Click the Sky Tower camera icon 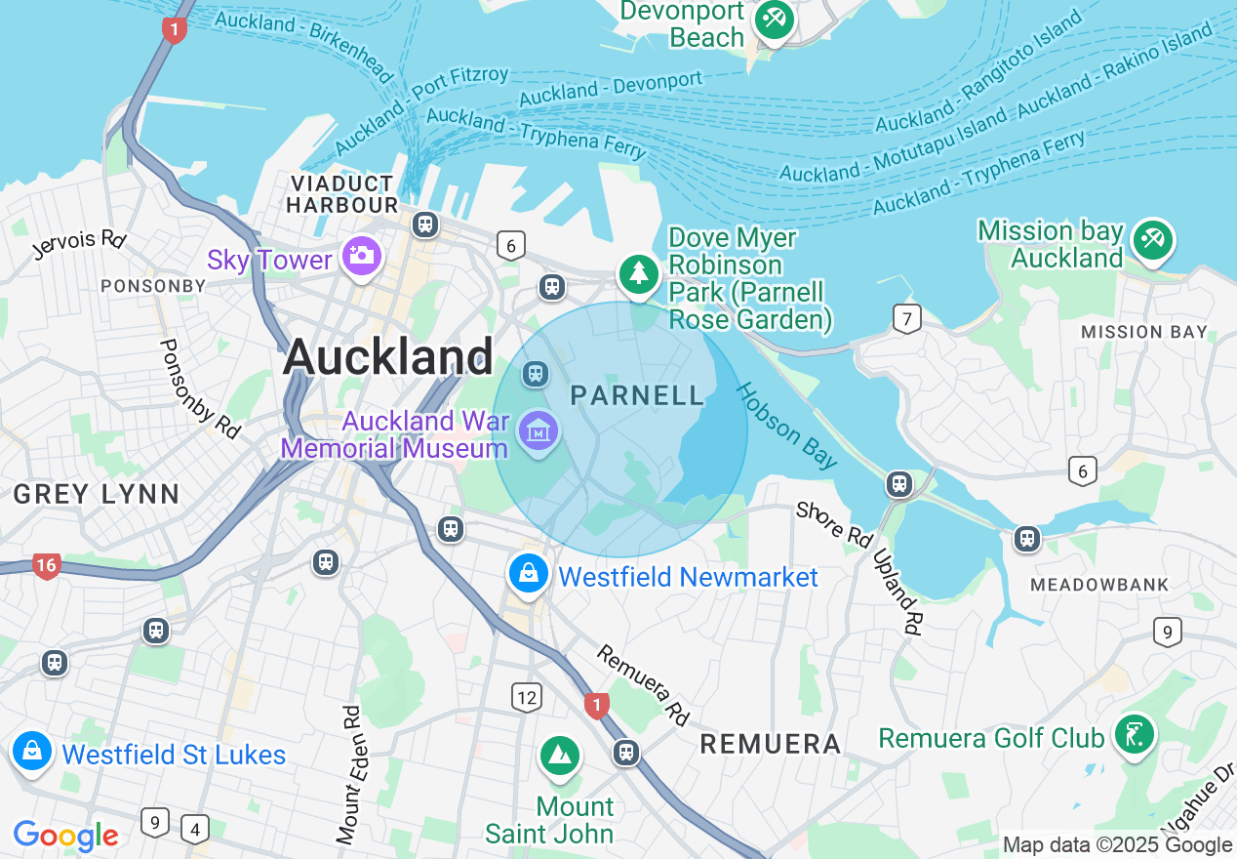click(x=361, y=256)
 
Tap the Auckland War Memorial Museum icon click(x=538, y=429)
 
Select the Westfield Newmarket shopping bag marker click(x=528, y=573)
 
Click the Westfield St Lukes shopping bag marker click(x=32, y=751)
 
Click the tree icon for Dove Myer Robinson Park click(x=639, y=272)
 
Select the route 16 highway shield click(x=46, y=565)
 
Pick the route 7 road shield click(x=907, y=318)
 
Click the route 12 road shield click(x=527, y=697)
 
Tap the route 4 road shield click(x=195, y=828)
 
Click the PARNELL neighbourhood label click(x=637, y=395)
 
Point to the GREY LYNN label click(x=96, y=494)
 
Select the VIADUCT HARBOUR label click(x=342, y=194)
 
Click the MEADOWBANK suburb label click(x=1099, y=585)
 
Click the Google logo click(x=65, y=836)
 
